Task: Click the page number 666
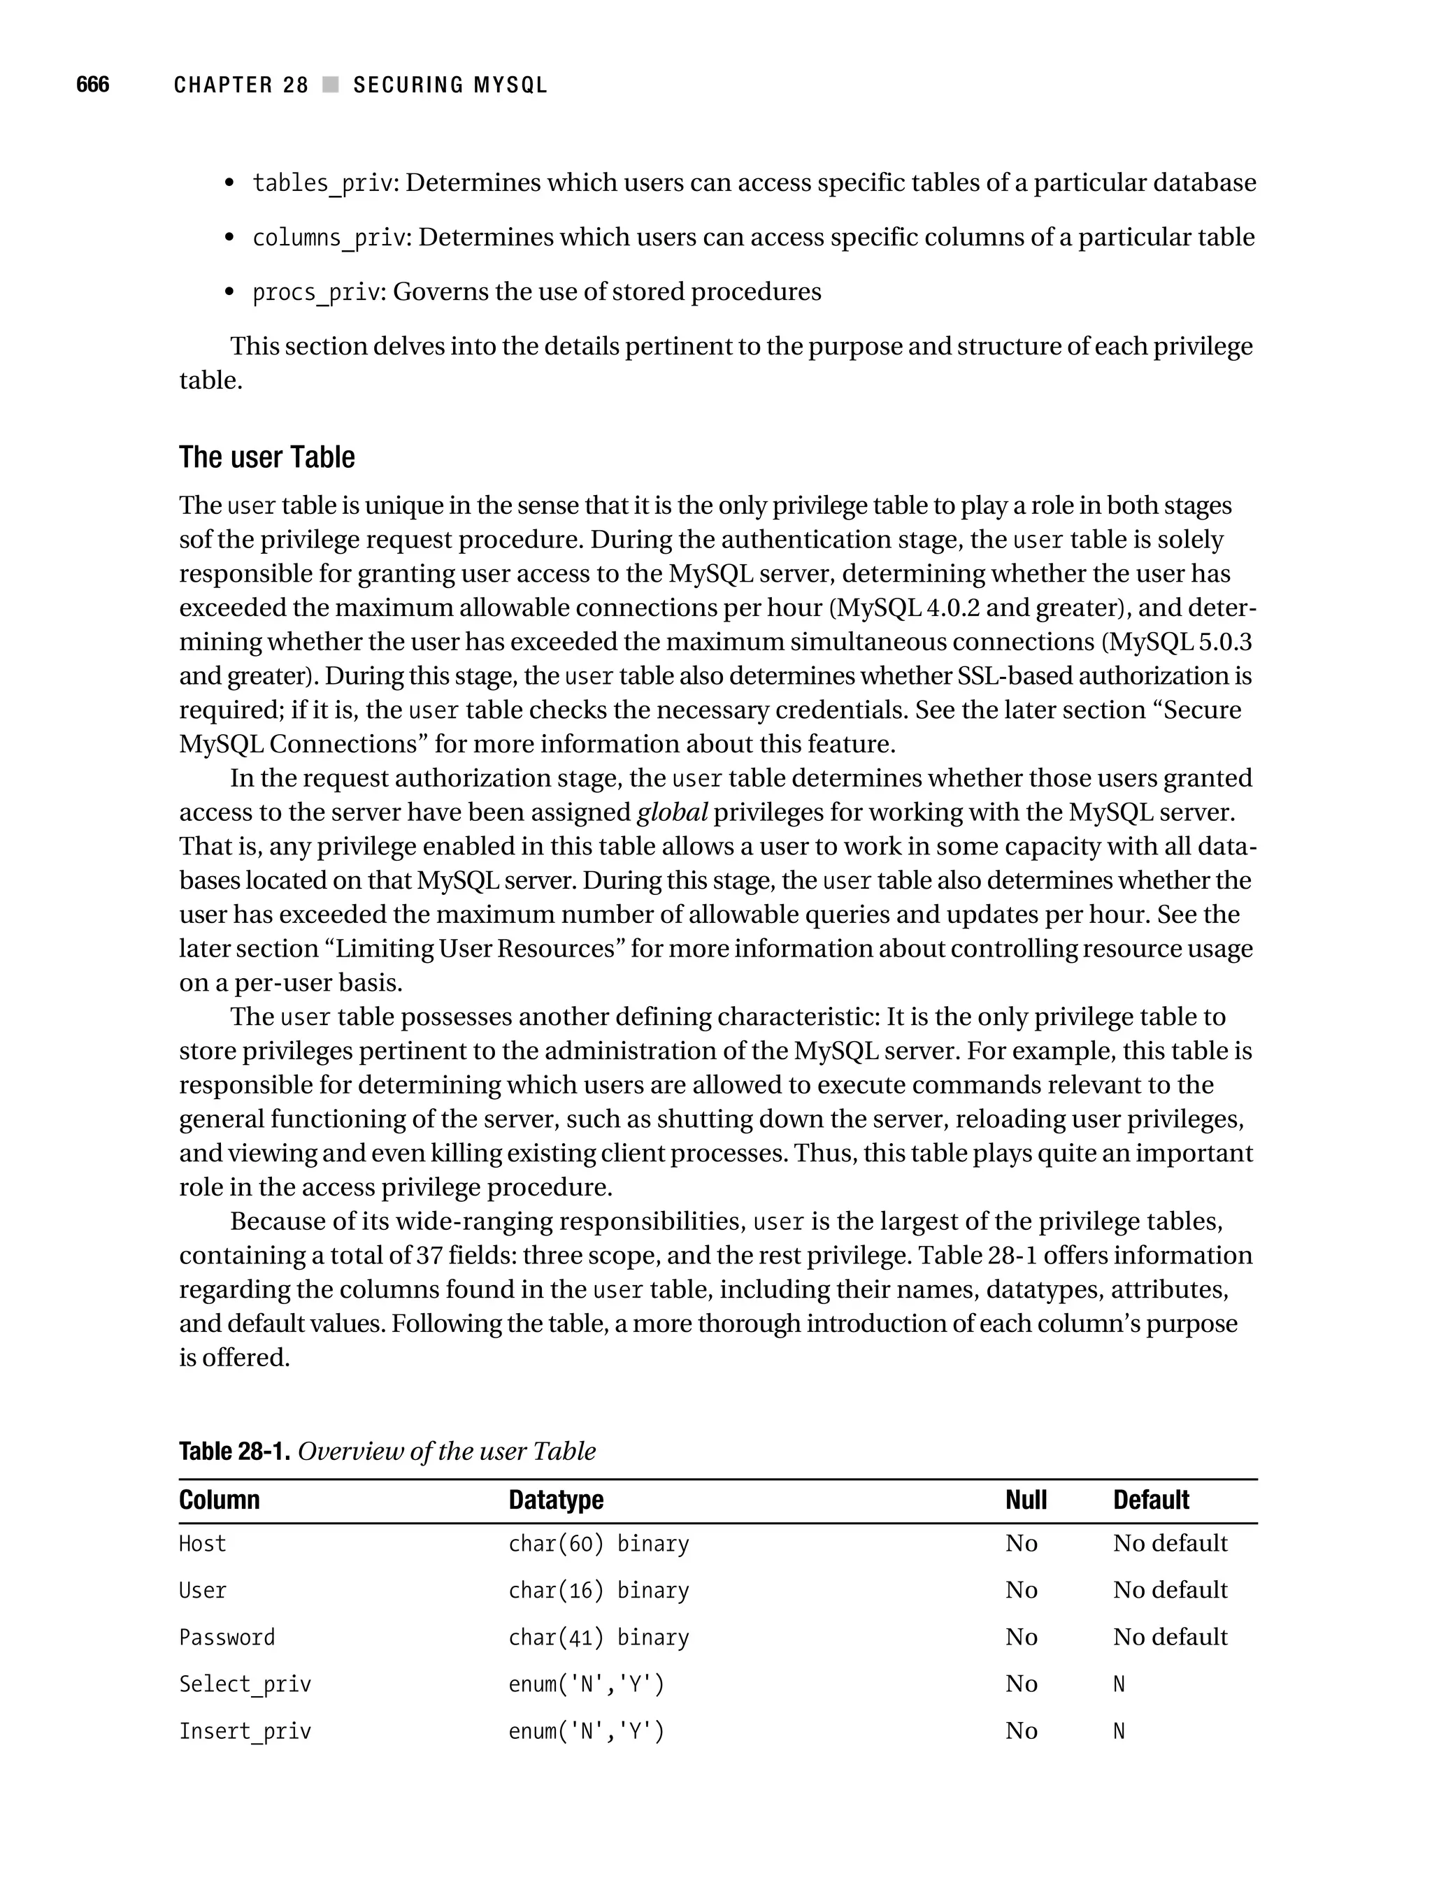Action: [x=92, y=85]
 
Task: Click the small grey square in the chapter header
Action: [x=330, y=85]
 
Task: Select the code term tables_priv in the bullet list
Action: [x=322, y=183]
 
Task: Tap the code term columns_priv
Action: [x=329, y=238]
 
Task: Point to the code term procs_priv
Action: [x=315, y=292]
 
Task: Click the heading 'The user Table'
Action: [x=267, y=457]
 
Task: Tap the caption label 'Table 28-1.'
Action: [x=234, y=1452]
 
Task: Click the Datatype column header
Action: [x=556, y=1500]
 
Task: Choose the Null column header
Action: [x=1026, y=1500]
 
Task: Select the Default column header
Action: [x=1150, y=1500]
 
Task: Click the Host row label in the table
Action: [x=203, y=1544]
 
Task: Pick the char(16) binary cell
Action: [x=598, y=1591]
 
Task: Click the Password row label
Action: [x=227, y=1638]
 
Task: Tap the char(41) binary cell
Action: [x=598, y=1638]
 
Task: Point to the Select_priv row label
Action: [x=245, y=1685]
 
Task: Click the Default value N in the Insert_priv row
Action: [x=1119, y=1732]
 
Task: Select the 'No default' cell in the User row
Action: [x=1169, y=1591]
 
